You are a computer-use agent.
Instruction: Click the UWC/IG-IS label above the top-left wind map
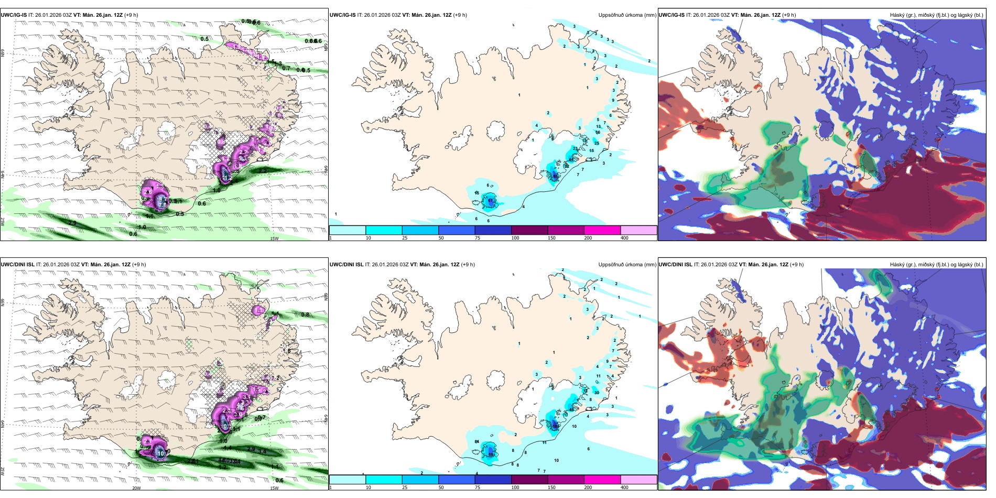coord(14,15)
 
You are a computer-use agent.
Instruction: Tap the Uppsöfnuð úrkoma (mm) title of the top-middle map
coord(627,15)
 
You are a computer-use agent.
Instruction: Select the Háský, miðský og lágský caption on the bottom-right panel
coord(936,265)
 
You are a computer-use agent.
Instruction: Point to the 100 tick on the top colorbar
coord(515,238)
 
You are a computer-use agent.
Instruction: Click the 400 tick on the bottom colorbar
coord(624,488)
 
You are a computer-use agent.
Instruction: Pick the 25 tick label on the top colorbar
coord(405,238)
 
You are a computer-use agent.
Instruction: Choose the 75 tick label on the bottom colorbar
coord(478,488)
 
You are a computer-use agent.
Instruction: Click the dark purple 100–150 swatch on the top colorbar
coord(529,230)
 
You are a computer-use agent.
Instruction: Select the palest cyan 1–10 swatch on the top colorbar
coord(347,230)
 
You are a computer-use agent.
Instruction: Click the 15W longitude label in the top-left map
coord(274,239)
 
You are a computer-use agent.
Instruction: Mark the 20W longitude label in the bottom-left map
coord(136,488)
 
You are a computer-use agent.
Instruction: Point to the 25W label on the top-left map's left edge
coord(3,222)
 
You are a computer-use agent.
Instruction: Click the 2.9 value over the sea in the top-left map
coord(72,223)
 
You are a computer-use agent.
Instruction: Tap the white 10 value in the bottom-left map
coord(160,453)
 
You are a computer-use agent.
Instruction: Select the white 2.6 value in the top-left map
coord(147,192)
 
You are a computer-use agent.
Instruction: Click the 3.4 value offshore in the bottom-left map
coord(263,451)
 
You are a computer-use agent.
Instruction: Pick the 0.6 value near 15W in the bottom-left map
coord(279,480)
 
